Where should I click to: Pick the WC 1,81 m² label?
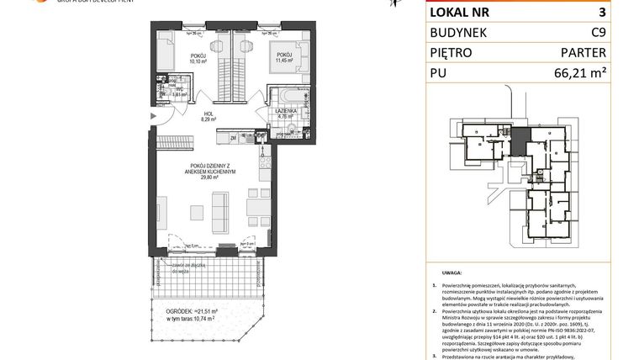(x=178, y=91)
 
